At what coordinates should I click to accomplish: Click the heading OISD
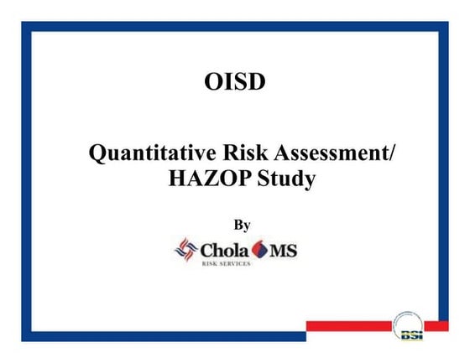point(235,83)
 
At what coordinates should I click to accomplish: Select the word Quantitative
point(144,154)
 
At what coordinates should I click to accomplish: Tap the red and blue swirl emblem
point(184,249)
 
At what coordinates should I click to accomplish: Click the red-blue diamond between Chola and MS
point(260,250)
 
